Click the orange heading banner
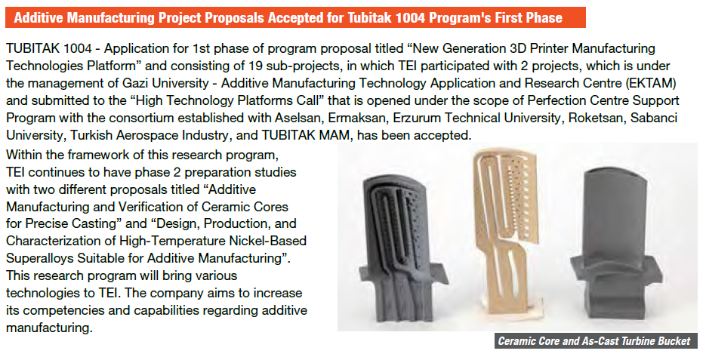(295, 17)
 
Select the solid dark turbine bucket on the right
(615, 244)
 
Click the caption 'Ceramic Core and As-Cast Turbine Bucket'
(594, 340)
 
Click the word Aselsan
(298, 118)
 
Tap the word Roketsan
(597, 118)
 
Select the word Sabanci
(654, 118)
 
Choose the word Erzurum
(417, 118)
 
